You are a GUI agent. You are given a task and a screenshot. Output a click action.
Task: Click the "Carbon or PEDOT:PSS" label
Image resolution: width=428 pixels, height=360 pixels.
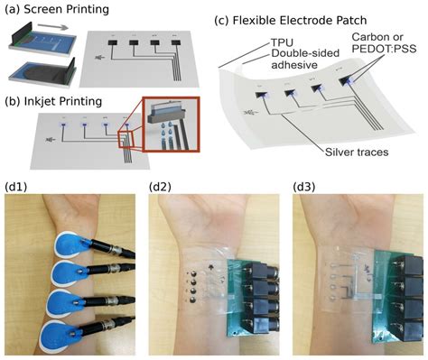point(380,48)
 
